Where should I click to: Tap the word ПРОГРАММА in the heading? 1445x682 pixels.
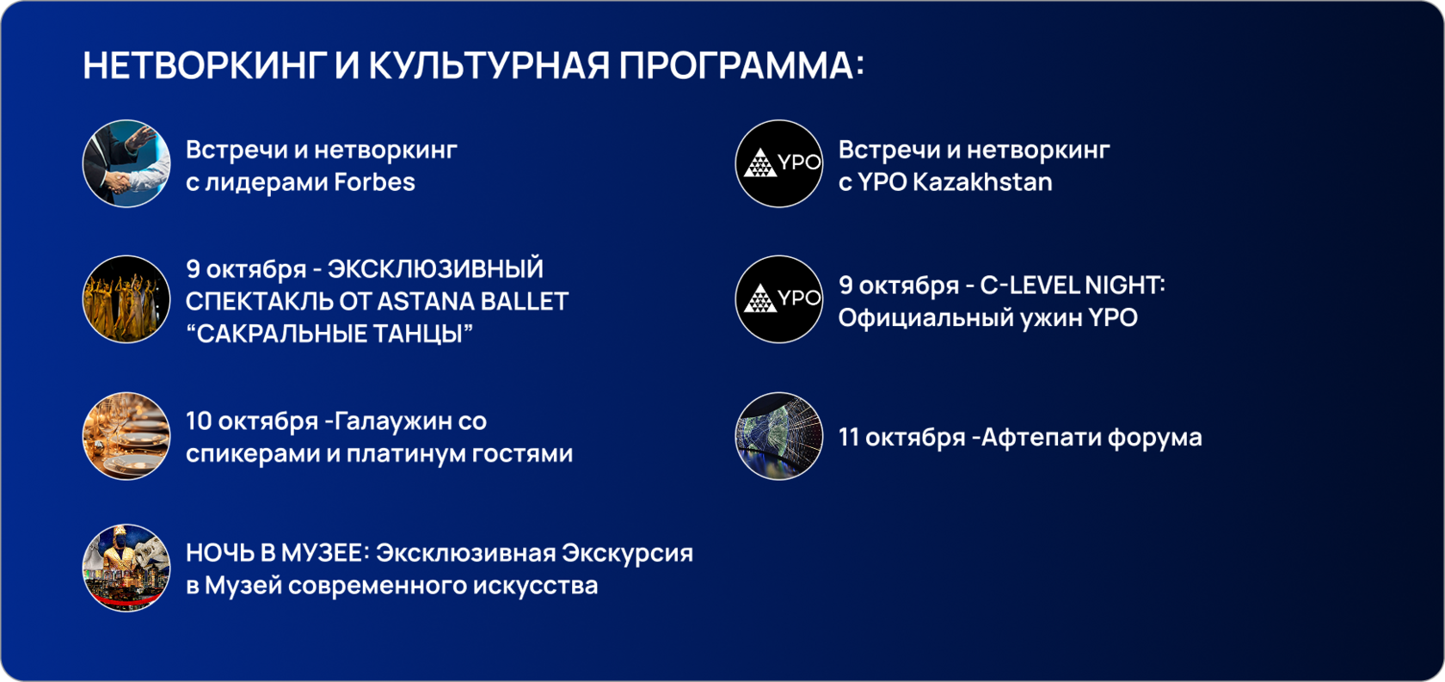[736, 65]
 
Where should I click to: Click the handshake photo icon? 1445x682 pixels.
[126, 164]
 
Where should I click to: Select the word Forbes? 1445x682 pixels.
[374, 182]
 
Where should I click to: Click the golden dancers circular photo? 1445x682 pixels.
[126, 299]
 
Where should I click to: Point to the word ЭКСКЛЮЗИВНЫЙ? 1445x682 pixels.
[435, 269]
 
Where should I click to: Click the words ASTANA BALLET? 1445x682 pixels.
[472, 301]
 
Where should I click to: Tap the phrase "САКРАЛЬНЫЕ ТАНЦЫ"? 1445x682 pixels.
[329, 335]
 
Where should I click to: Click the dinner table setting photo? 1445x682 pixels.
[126, 436]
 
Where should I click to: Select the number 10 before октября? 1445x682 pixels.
[199, 421]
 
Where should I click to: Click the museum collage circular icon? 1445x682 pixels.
[126, 568]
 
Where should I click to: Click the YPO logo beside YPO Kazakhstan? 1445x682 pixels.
[779, 164]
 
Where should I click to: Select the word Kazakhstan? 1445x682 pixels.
[982, 182]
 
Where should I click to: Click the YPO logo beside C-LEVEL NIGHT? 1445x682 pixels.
[779, 299]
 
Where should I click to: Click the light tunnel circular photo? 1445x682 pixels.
[779, 436]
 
